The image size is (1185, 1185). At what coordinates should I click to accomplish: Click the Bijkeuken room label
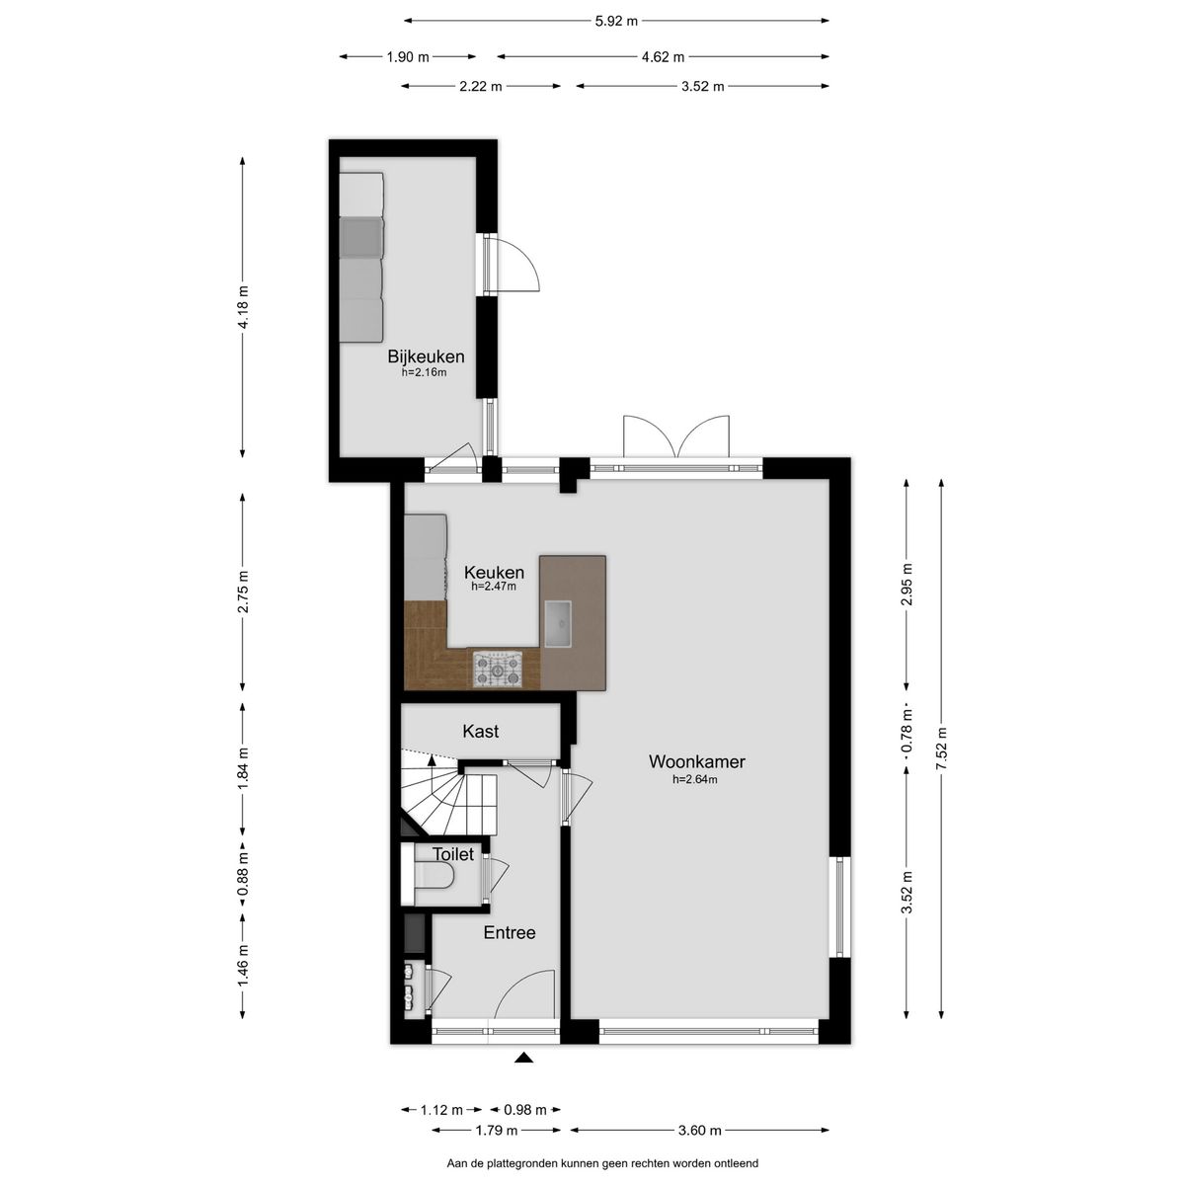[x=426, y=356]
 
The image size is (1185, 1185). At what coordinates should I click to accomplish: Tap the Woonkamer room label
[x=696, y=761]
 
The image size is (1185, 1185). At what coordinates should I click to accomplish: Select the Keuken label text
[x=494, y=571]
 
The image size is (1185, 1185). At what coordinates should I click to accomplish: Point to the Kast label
[x=481, y=732]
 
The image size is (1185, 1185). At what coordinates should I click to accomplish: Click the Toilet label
[x=452, y=854]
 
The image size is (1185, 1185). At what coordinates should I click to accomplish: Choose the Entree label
[x=509, y=932]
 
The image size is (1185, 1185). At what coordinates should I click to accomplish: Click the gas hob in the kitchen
[x=497, y=669]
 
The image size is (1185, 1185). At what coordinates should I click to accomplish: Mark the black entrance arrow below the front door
[x=523, y=1059]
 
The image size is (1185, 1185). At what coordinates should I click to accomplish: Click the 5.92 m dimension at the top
[x=616, y=20]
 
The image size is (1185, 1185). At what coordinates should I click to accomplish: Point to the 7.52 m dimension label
[x=942, y=747]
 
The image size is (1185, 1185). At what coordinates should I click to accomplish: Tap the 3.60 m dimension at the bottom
[x=700, y=1131]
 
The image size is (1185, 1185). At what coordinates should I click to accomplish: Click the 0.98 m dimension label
[x=523, y=1110]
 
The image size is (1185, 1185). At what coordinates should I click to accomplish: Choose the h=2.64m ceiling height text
[x=694, y=779]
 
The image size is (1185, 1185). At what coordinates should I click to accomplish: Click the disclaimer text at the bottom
[x=602, y=1164]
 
